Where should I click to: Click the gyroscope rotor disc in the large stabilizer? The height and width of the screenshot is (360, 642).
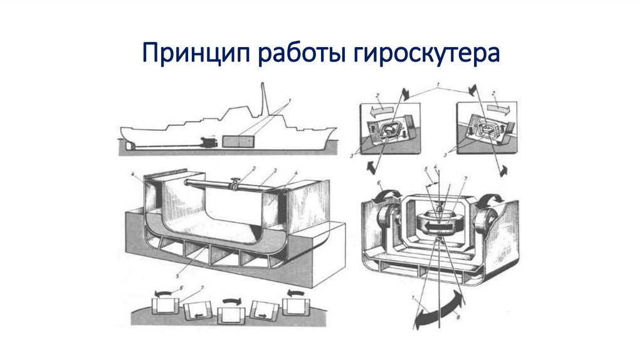(439, 221)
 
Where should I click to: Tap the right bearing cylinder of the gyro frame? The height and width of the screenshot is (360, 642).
(487, 220)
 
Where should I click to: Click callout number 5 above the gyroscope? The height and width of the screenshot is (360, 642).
(426, 169)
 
